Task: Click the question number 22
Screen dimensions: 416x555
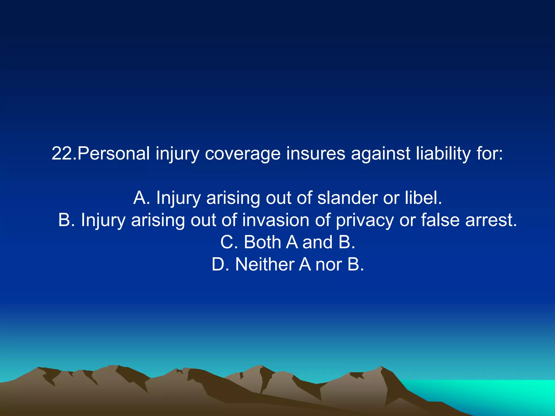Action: [x=64, y=153]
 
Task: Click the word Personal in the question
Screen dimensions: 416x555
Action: [x=114, y=153]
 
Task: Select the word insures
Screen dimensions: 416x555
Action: [x=316, y=153]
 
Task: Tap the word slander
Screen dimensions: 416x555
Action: [x=347, y=198]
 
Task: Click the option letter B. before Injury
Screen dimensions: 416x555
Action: [x=66, y=220]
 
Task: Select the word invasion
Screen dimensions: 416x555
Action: [x=276, y=220]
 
